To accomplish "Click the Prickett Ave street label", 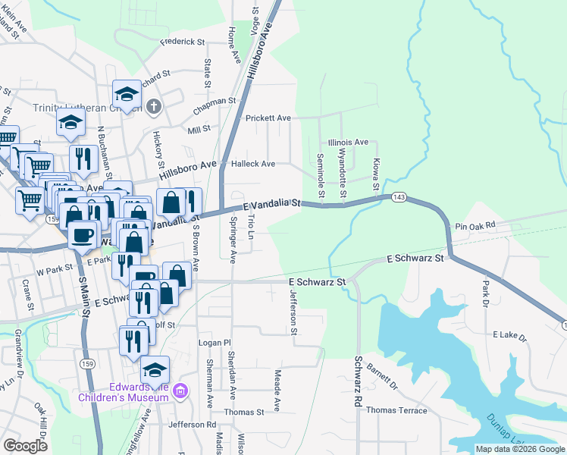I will tap(268, 118).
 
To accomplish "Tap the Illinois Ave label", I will tap(348, 142).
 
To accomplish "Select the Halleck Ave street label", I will tap(252, 164).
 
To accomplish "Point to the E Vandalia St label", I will tap(273, 204).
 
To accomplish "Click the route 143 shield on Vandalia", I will tap(398, 198).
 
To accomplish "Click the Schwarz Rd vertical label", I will tap(357, 382).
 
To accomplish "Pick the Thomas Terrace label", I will tap(396, 410).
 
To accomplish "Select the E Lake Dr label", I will tap(509, 334).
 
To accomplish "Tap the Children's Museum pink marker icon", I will tap(179, 391).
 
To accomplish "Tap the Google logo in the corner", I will tap(25, 446).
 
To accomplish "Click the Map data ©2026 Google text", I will tap(520, 449).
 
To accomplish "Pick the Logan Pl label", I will tap(214, 343).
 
